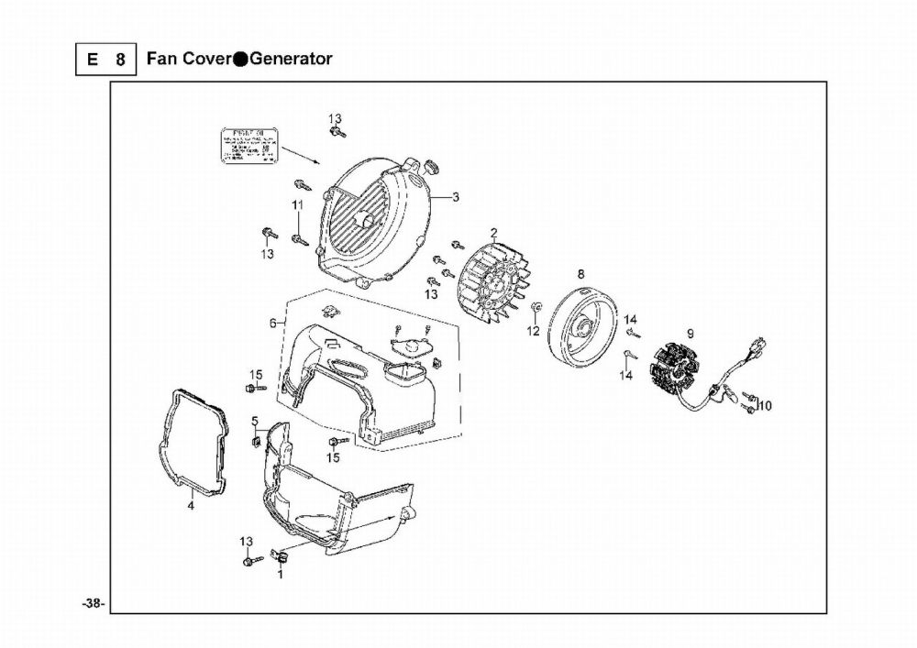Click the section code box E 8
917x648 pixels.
(106, 60)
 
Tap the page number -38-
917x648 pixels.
(94, 603)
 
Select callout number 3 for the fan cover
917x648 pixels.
(456, 197)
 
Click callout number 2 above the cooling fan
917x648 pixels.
(493, 233)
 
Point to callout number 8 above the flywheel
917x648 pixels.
(580, 273)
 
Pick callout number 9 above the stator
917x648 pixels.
(690, 334)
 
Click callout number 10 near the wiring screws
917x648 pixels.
(766, 405)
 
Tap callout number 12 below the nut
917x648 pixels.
(533, 331)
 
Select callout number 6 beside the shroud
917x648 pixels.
(272, 323)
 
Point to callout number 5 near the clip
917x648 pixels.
(254, 421)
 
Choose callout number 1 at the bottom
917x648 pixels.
(280, 576)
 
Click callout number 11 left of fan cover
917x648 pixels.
(297, 204)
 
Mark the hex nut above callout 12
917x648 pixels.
(536, 305)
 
